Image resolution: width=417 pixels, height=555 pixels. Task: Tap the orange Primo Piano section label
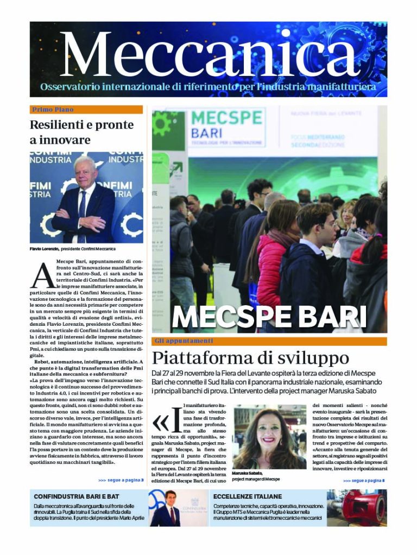53,109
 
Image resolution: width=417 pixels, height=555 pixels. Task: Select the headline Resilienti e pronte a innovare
81,132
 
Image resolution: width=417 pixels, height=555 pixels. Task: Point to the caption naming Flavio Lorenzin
72,249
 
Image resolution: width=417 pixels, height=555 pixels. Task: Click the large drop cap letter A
41,275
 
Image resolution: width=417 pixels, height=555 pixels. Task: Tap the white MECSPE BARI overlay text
269,317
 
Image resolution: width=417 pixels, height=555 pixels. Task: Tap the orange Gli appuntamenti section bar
269,341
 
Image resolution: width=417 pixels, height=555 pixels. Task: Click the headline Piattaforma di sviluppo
250,358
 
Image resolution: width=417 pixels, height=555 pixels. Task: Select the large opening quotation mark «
161,423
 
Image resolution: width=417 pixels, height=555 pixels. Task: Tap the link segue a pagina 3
121,480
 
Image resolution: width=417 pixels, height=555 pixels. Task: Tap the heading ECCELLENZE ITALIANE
248,496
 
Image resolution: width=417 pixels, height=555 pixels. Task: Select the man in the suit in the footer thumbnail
170,510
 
